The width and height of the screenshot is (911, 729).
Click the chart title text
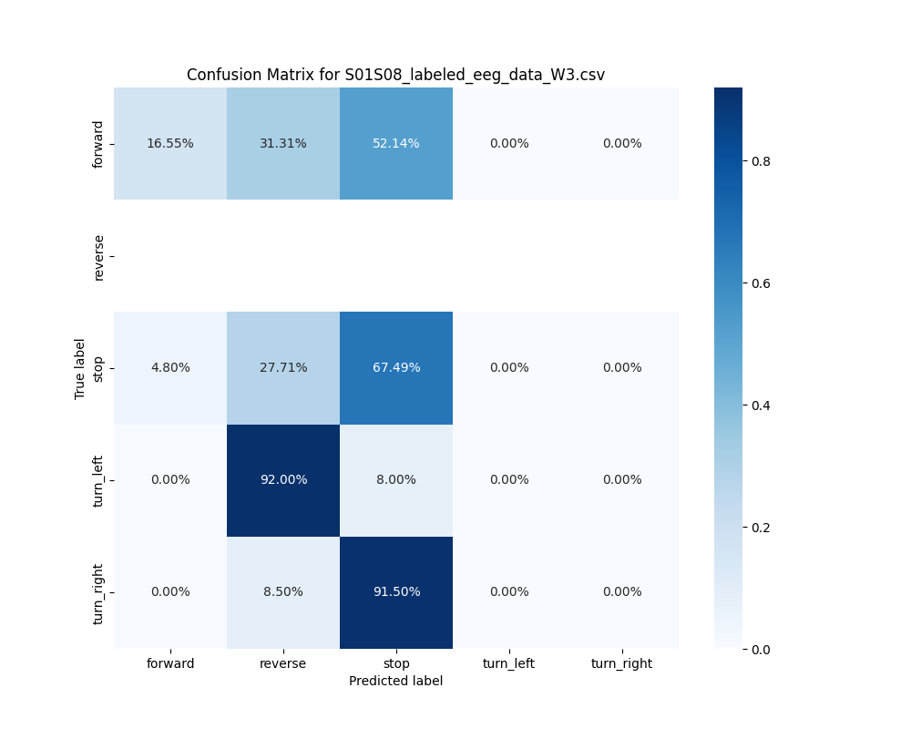click(x=395, y=75)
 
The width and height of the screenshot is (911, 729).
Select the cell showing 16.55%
click(x=170, y=143)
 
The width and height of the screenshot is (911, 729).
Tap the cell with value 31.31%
click(x=283, y=143)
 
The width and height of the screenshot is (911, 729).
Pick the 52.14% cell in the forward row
click(x=396, y=143)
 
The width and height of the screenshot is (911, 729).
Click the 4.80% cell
click(x=170, y=368)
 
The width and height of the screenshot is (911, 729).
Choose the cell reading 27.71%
click(x=283, y=368)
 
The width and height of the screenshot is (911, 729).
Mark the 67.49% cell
click(x=396, y=368)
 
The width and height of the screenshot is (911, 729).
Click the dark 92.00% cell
click(x=283, y=480)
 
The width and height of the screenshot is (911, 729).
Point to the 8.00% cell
click(x=396, y=480)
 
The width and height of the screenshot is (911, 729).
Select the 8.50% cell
click(x=283, y=592)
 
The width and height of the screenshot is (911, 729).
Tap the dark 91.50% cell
click(x=396, y=592)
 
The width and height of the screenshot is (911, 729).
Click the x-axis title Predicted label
click(x=395, y=682)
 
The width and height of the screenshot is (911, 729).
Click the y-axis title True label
click(x=80, y=368)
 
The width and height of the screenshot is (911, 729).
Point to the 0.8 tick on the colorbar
click(x=762, y=161)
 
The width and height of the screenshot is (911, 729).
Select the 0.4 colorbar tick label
click(x=762, y=406)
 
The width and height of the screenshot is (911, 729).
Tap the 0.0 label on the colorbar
click(x=762, y=650)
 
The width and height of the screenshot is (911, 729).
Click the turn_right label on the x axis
click(x=621, y=664)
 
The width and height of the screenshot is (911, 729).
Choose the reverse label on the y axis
click(x=99, y=256)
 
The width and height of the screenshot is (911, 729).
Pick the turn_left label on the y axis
click(x=99, y=480)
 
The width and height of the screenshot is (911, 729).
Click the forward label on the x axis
click(x=170, y=664)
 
